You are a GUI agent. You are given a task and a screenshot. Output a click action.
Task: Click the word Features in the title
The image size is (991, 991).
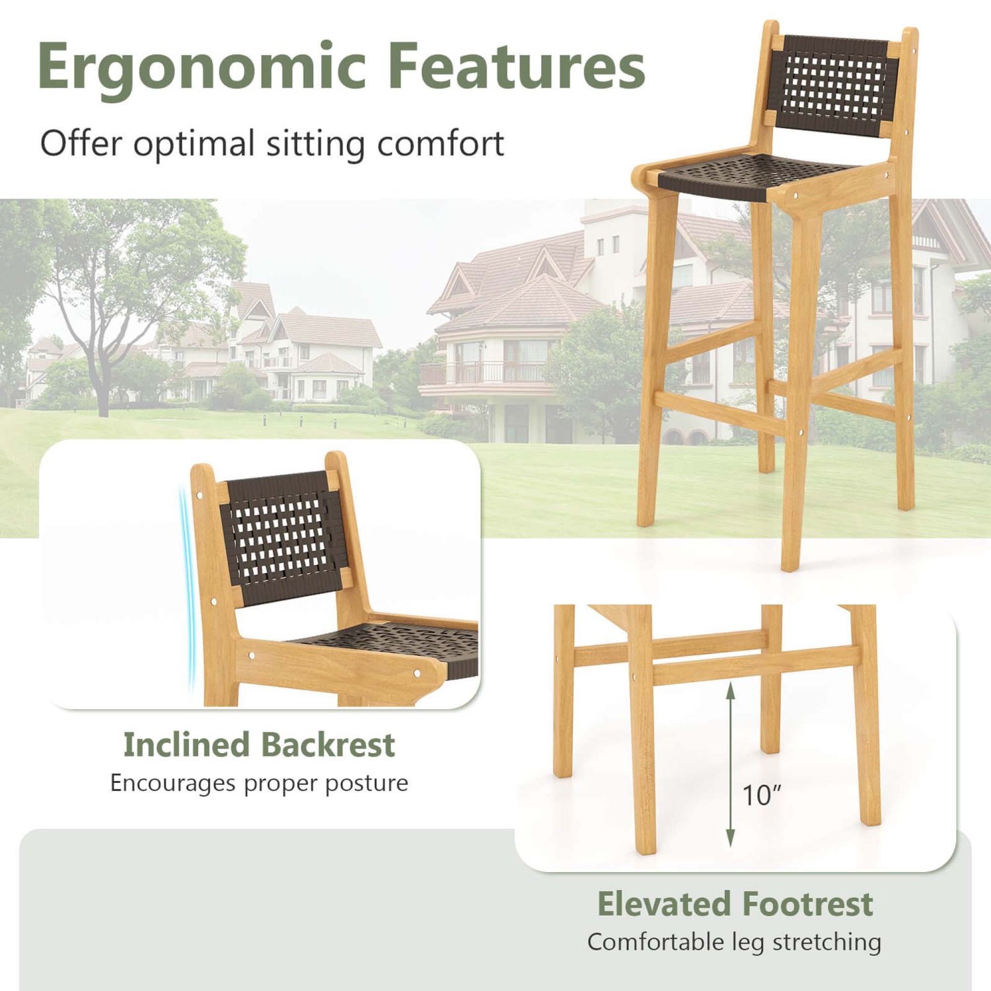pyautogui.click(x=516, y=66)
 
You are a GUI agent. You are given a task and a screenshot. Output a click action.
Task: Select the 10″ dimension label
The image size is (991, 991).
pyautogui.click(x=762, y=795)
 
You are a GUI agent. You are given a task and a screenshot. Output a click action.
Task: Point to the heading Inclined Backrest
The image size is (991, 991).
pyautogui.click(x=259, y=745)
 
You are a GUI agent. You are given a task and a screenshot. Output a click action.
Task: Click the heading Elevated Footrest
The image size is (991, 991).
pyautogui.click(x=735, y=904)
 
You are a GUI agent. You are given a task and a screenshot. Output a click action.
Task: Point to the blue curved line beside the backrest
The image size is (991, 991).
pyautogui.click(x=188, y=588)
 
